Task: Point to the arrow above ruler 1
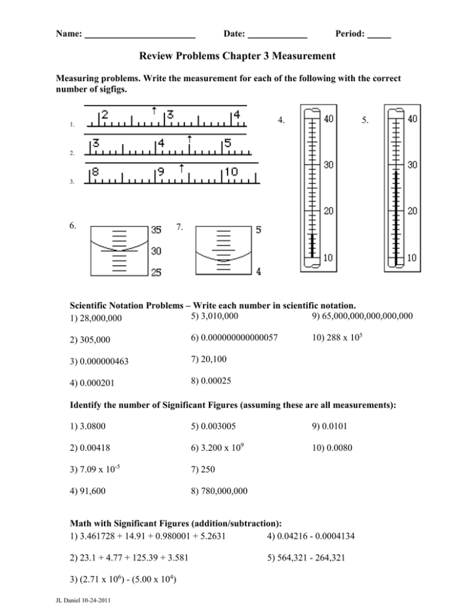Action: coord(153,110)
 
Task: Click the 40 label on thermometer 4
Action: coord(331,119)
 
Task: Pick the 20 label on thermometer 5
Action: coord(413,211)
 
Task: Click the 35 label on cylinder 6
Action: coord(156,230)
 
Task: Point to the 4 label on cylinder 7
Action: coord(258,271)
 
